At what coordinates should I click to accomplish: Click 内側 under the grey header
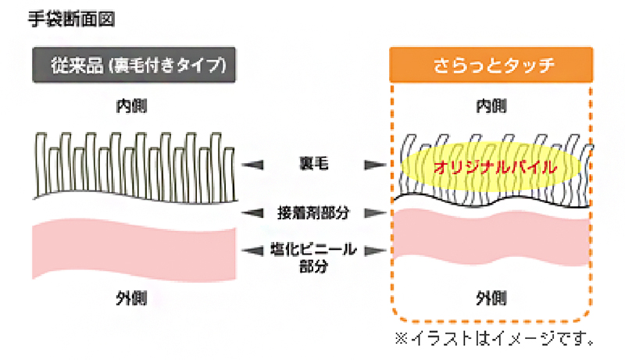tap(131, 104)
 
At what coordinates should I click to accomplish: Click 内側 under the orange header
tap(491, 104)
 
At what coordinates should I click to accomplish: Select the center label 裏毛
tap(312, 165)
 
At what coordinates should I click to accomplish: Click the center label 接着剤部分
tap(312, 211)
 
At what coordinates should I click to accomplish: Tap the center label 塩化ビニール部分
tap(312, 257)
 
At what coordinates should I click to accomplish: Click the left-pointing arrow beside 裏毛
tap(250, 165)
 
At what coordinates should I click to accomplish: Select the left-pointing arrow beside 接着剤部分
tap(250, 211)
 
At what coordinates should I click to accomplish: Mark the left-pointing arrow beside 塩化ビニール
tap(250, 250)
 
